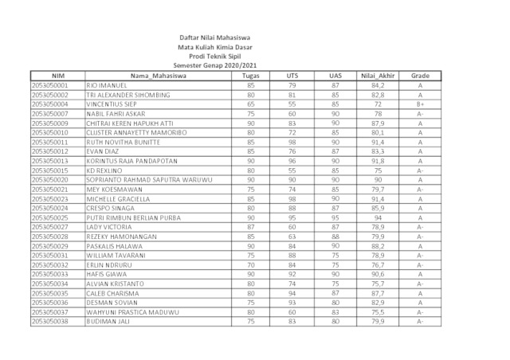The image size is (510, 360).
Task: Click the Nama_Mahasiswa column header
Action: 158,76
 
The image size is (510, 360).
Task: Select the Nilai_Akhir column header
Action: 377,76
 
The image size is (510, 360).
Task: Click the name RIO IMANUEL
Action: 106,85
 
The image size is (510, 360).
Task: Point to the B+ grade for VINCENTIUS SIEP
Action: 420,104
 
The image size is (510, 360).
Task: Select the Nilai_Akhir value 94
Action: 377,217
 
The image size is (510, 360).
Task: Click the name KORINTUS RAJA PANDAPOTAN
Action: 133,161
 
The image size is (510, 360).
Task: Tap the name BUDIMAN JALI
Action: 109,321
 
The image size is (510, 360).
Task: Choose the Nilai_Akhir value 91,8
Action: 377,161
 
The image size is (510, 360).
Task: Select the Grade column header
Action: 420,76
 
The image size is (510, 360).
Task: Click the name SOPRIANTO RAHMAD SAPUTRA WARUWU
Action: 149,180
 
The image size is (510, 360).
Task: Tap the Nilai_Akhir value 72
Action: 377,104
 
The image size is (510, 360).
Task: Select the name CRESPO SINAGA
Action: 112,208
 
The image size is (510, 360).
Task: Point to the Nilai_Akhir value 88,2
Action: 377,246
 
